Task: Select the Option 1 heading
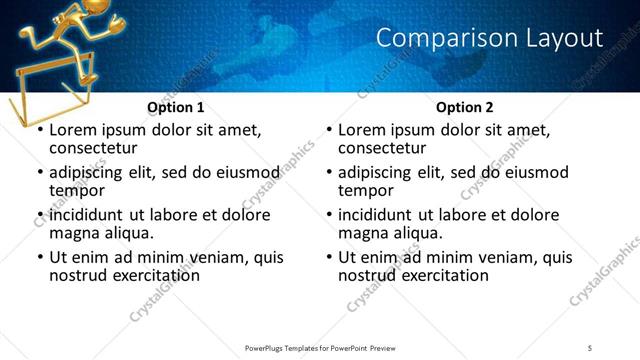(175, 107)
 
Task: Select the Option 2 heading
(465, 107)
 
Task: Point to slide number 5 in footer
(590, 347)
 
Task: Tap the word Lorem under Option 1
(73, 130)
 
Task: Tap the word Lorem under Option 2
(363, 130)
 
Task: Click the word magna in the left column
(74, 233)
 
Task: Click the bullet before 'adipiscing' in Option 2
(329, 173)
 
